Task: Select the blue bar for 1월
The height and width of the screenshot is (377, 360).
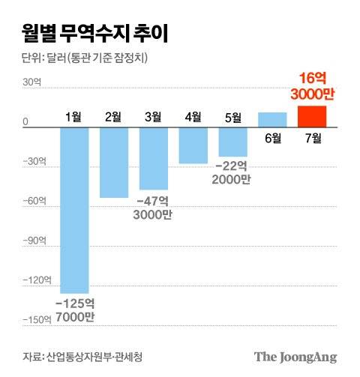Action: click(74, 210)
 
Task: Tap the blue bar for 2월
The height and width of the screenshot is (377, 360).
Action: click(114, 163)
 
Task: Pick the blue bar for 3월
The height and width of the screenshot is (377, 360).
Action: click(154, 158)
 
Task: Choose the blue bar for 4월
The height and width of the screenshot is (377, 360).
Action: click(193, 145)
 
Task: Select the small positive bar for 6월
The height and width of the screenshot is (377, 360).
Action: click(272, 120)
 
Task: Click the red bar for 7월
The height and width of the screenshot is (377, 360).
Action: click(312, 116)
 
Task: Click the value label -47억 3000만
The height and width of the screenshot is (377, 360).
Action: click(154, 208)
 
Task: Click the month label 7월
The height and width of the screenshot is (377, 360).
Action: click(312, 139)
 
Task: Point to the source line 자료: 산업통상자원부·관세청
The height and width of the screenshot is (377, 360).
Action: click(80, 355)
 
